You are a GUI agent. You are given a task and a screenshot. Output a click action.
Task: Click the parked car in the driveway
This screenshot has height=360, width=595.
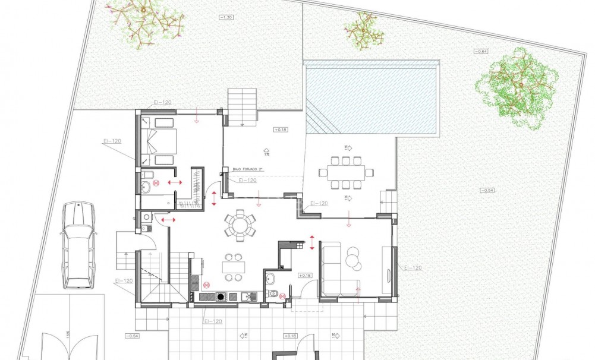click(x=78, y=244)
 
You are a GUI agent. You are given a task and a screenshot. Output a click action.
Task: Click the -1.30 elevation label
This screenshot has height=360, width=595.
click(x=226, y=18)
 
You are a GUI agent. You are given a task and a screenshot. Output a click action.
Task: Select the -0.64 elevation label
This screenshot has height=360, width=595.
click(x=480, y=52)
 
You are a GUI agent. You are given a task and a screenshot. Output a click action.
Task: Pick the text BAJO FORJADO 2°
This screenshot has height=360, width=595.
click(x=248, y=170)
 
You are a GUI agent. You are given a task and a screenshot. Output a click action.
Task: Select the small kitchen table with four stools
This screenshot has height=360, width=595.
click(x=232, y=267)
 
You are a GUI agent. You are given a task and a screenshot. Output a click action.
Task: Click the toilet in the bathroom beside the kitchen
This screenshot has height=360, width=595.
click(x=273, y=293)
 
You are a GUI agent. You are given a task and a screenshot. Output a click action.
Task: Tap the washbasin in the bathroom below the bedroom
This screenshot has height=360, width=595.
click(x=146, y=185)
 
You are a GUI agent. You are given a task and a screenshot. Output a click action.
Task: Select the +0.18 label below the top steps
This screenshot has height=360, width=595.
click(x=281, y=129)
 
